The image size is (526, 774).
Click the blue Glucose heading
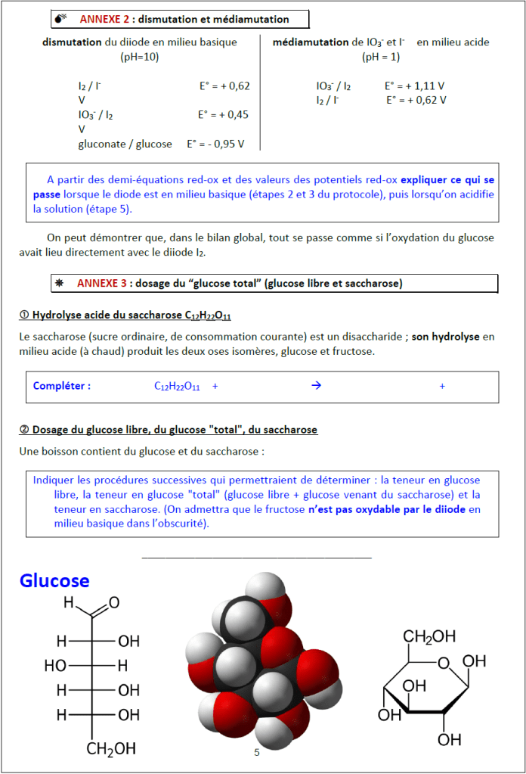[54, 580]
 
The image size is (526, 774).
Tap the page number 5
[257, 752]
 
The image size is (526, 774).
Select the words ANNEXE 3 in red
[101, 283]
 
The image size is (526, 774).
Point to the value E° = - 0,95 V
[220, 144]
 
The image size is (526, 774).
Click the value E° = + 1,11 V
[414, 86]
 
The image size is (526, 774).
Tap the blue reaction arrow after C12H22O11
[317, 386]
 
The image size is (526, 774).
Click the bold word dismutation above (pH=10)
[72, 42]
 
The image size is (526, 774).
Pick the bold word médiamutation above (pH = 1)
[310, 42]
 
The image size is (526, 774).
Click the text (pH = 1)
[381, 57]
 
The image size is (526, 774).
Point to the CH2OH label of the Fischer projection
[111, 749]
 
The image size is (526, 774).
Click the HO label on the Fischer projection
[55, 666]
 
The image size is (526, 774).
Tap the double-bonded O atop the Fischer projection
[114, 603]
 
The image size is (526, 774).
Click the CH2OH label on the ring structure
[429, 636]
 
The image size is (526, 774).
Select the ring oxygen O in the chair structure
[445, 664]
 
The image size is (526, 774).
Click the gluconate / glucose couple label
[125, 144]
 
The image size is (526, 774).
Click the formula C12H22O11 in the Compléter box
[177, 387]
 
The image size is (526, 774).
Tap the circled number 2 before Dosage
[24, 430]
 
